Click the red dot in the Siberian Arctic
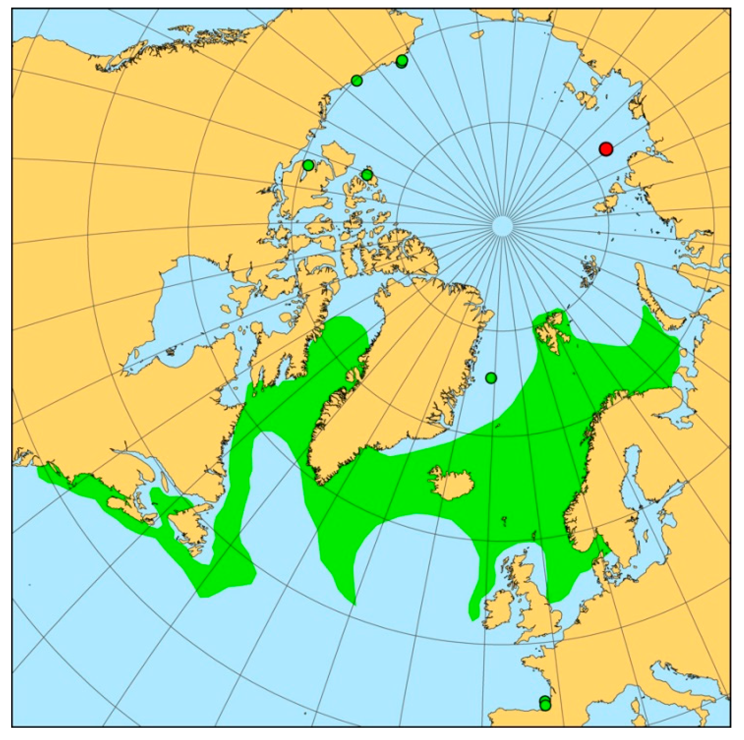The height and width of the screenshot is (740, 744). tap(606, 149)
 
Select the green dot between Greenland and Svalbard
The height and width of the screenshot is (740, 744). tap(491, 378)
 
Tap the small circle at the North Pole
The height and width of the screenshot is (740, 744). tap(502, 226)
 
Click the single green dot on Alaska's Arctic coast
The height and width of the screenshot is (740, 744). tap(357, 80)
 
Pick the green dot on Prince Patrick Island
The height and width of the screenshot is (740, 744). tap(367, 175)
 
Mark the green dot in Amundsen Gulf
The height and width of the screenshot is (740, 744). tap(308, 165)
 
